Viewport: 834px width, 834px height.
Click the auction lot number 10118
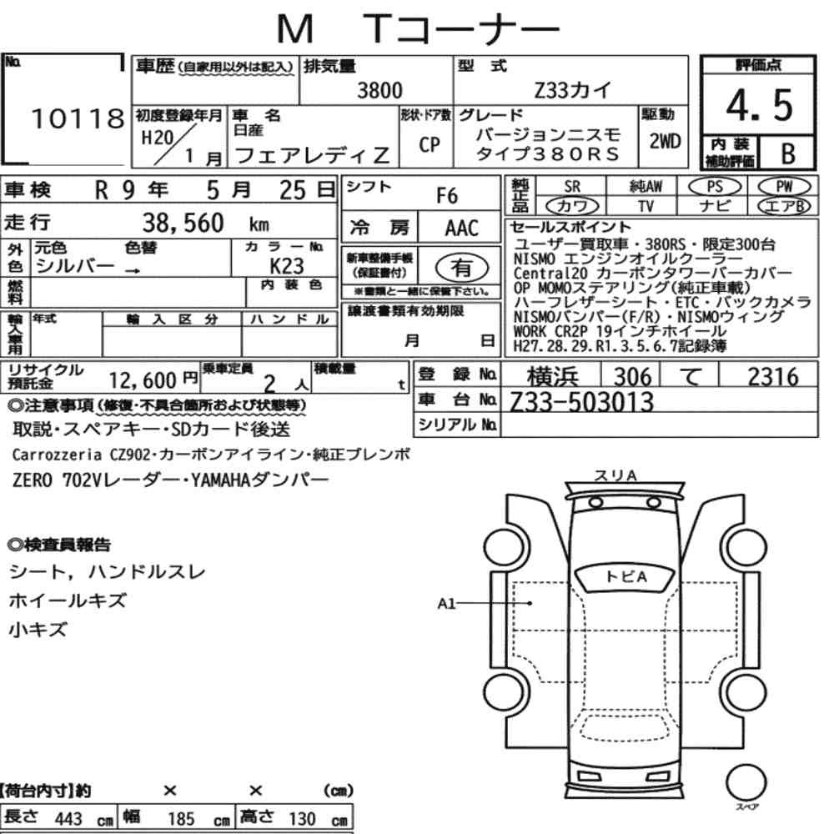(x=78, y=118)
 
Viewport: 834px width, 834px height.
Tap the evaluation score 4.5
(x=759, y=104)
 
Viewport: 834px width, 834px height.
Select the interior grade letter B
(x=788, y=153)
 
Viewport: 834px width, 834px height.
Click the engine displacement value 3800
(x=379, y=90)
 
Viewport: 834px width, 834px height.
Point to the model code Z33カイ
(x=572, y=90)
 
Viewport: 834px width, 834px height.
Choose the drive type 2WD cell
(x=665, y=142)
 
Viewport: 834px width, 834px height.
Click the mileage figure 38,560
(x=183, y=223)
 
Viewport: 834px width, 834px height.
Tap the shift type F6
(x=447, y=196)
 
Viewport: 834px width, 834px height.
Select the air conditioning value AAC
(x=462, y=229)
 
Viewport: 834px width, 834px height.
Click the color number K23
(x=287, y=265)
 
